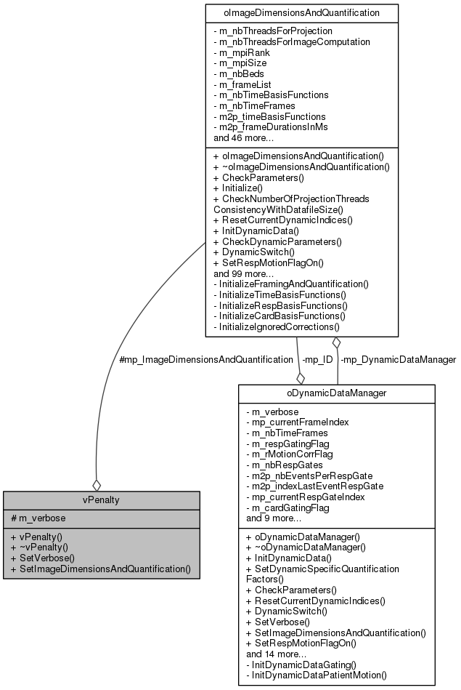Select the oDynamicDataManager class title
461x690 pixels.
(337, 393)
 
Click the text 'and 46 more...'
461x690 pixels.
(243, 137)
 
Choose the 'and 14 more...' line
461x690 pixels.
(276, 653)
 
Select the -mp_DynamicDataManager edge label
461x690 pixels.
(398, 359)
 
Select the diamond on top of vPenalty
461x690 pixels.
(95, 484)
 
